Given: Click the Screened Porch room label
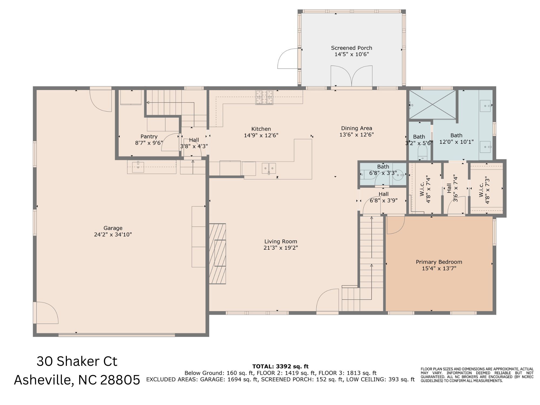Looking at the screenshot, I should (x=352, y=48).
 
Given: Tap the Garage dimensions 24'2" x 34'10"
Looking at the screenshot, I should (x=113, y=235).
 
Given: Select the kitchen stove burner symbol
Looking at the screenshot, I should (x=264, y=97).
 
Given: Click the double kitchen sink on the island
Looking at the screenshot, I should (x=269, y=168).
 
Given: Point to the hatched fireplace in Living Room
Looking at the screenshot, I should (x=217, y=253).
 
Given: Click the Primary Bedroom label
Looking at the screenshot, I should (x=439, y=262).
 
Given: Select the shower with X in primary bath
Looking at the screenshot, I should (x=432, y=104).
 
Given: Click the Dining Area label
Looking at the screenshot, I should (x=356, y=128).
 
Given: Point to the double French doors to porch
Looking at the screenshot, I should (x=352, y=76).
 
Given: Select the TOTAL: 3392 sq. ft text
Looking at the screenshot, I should (x=280, y=367).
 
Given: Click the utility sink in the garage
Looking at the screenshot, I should (x=138, y=167).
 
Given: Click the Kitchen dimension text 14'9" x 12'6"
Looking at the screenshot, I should (x=261, y=135).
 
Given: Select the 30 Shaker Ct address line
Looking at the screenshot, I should (x=77, y=361).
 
